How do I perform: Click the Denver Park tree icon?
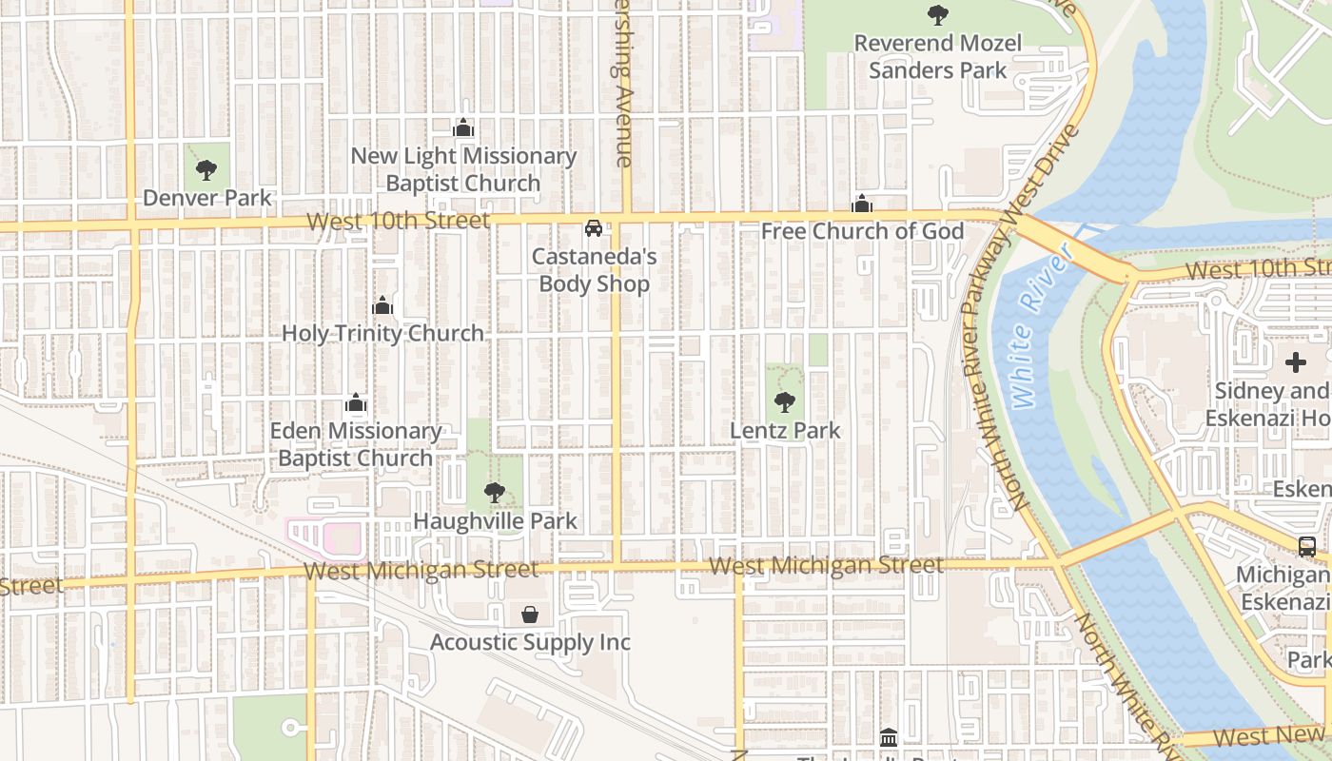[x=206, y=170]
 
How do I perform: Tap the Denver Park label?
[x=207, y=198]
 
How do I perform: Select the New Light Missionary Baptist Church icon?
[x=463, y=127]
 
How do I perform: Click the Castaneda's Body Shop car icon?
[x=594, y=228]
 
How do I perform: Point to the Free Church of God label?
[x=862, y=231]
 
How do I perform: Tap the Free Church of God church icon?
[x=862, y=204]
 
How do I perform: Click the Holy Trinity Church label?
[x=382, y=333]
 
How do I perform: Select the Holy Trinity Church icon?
[x=382, y=305]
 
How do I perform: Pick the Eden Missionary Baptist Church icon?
[x=356, y=403]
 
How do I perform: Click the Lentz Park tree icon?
[x=785, y=402]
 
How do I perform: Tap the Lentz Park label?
[x=785, y=430]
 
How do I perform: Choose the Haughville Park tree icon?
[x=494, y=493]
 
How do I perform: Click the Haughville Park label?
[x=495, y=521]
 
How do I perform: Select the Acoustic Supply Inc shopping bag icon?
[x=530, y=615]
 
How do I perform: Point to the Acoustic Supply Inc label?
[x=530, y=642]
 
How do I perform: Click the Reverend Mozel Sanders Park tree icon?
[x=938, y=14]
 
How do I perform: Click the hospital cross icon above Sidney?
[x=1296, y=362]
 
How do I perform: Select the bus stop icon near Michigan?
[x=1307, y=547]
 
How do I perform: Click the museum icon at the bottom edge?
[x=889, y=737]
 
